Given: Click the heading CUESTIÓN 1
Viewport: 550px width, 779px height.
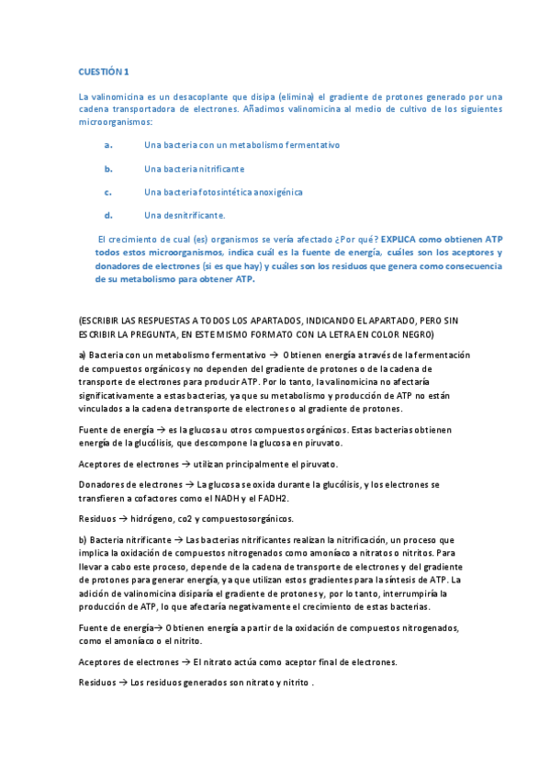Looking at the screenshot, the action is [x=104, y=71].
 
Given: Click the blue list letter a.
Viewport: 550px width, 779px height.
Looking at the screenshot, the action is [x=108, y=145].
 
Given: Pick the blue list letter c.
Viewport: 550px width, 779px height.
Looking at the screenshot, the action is [x=108, y=192].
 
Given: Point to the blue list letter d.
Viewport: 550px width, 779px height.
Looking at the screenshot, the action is [x=108, y=215].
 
